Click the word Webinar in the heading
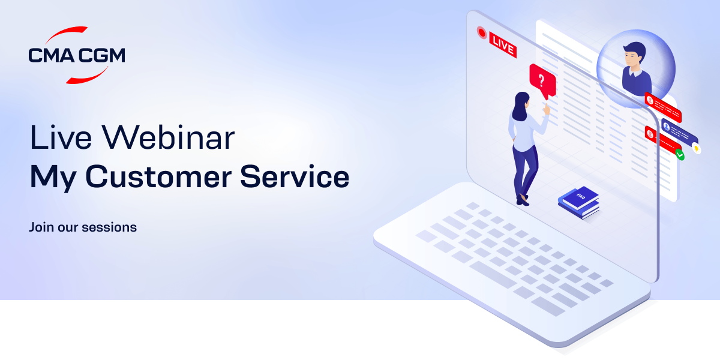[x=169, y=137]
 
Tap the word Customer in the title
[x=158, y=177]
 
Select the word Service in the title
[x=295, y=177]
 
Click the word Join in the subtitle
[x=41, y=227]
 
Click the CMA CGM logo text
[x=77, y=55]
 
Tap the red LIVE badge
[x=503, y=44]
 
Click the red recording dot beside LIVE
[x=482, y=32]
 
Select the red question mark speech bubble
[x=542, y=81]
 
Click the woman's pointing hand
[x=546, y=109]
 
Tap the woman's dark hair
[x=520, y=106]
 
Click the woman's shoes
[x=523, y=200]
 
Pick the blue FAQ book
[x=579, y=202]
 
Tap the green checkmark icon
[x=680, y=155]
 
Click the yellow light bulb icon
[x=697, y=149]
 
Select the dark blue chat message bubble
[x=679, y=131]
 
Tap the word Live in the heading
[x=61, y=137]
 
